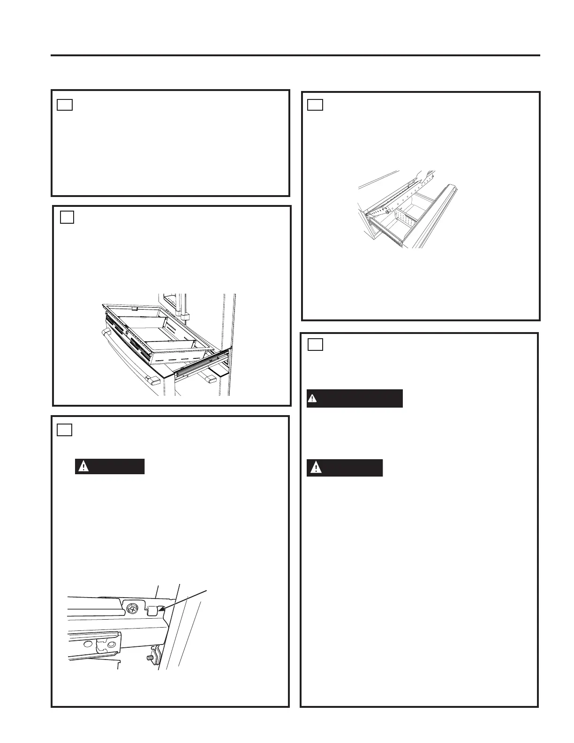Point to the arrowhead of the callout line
tap(160, 608)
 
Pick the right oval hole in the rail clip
tap(111, 645)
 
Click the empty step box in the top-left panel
tap(65, 104)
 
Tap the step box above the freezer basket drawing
tap(67, 217)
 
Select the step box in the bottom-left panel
tap(65, 430)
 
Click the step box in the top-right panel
tap(315, 104)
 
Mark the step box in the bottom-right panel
tap(316, 345)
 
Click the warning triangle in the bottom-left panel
tap(83, 466)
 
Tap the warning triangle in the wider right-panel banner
tap(313, 399)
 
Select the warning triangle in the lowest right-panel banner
tap(316, 468)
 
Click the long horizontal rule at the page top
tap(295, 55)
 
